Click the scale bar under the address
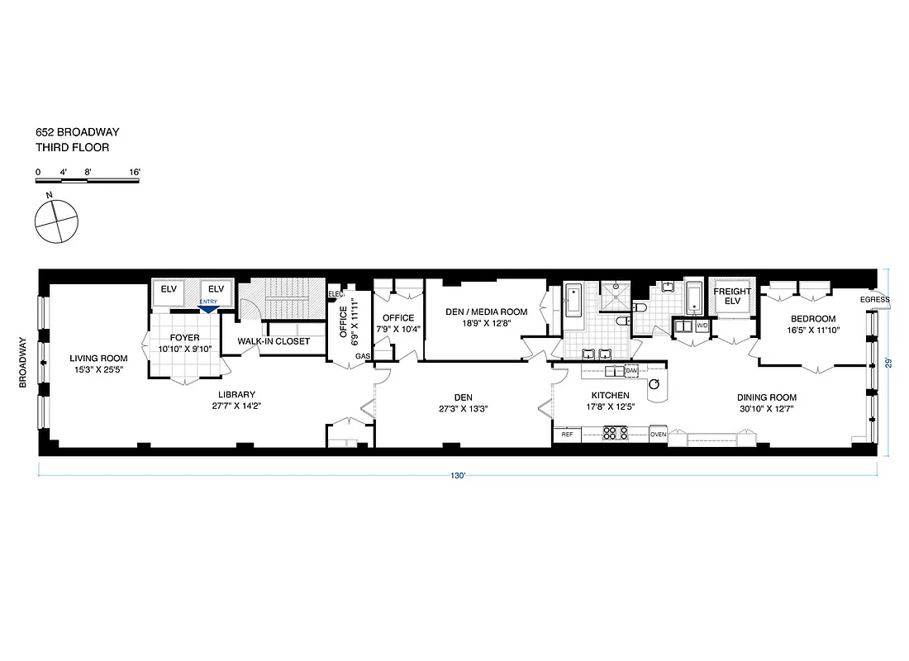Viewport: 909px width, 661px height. tap(87, 179)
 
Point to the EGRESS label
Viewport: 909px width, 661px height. tap(874, 299)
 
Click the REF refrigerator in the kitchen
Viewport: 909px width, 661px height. tap(567, 434)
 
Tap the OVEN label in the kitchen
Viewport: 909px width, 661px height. tap(658, 434)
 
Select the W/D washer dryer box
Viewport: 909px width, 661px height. tap(702, 326)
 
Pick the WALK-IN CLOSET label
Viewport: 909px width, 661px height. tap(274, 341)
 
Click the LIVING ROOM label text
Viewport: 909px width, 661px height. tap(98, 358)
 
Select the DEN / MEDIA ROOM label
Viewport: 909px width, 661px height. tap(486, 311)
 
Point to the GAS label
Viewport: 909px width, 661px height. tap(362, 356)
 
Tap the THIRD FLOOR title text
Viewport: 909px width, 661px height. tap(72, 148)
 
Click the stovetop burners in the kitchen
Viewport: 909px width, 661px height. tap(616, 433)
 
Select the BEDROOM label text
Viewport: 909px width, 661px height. tap(812, 319)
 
